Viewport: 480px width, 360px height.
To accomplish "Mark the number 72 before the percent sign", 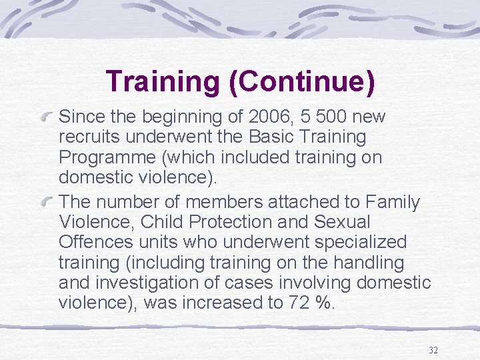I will (299, 303).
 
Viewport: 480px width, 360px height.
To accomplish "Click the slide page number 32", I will (433, 350).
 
